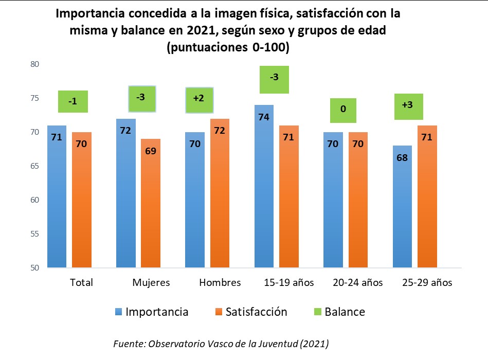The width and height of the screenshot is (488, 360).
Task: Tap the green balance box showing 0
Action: coord(343,110)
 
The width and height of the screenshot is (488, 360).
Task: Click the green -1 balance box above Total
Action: coord(73,101)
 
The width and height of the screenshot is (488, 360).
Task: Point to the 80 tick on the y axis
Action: coord(35,64)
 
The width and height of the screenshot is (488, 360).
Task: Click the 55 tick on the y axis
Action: coord(35,234)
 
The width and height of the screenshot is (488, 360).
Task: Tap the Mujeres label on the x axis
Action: coord(151,283)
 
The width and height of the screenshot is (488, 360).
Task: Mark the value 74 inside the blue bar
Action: coord(264,117)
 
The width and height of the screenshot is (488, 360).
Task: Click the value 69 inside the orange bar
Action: coord(151,151)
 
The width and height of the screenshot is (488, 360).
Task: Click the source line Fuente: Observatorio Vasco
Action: coord(221,343)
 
